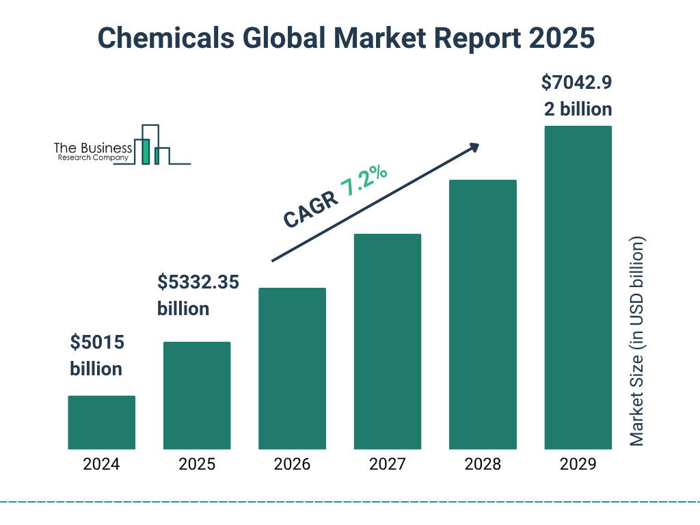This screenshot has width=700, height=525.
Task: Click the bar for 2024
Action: click(x=101, y=422)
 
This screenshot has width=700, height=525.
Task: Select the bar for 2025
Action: click(x=197, y=396)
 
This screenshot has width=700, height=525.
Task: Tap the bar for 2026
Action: click(x=292, y=368)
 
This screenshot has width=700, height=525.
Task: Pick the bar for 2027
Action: click(x=387, y=342)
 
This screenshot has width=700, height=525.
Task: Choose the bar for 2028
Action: click(x=483, y=314)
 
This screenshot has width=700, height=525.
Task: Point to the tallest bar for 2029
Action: click(x=578, y=288)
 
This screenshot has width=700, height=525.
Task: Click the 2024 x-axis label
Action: click(x=101, y=465)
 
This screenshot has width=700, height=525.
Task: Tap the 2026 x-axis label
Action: click(x=292, y=465)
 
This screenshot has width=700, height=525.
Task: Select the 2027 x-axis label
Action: click(x=387, y=465)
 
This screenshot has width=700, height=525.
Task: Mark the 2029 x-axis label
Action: click(x=578, y=465)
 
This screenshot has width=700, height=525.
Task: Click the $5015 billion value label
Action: click(x=96, y=355)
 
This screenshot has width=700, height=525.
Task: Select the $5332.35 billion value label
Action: click(x=198, y=295)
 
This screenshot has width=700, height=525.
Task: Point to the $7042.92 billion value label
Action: click(x=576, y=96)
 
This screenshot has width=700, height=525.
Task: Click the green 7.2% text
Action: click(x=364, y=181)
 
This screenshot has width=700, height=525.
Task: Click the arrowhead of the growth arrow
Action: click(x=474, y=147)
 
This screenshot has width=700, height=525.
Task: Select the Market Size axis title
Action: click(x=637, y=342)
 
